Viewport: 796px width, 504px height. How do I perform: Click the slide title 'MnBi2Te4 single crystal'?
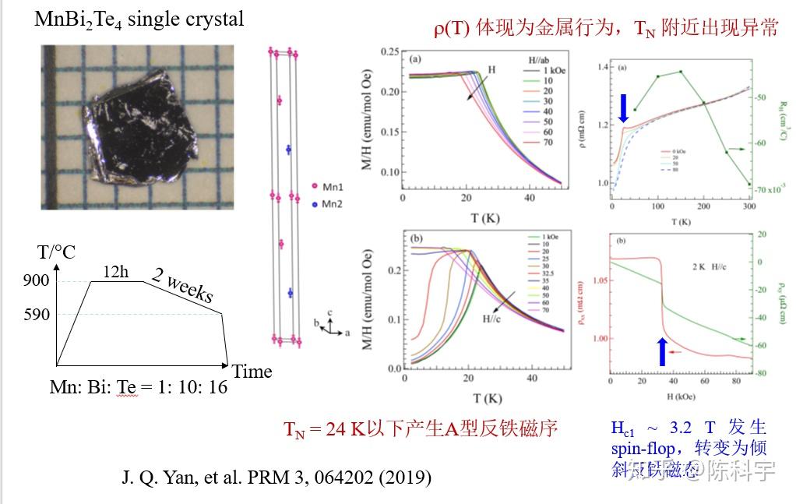[139, 19]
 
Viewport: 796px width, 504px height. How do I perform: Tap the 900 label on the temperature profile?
[37, 281]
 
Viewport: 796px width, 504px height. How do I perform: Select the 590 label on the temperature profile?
[37, 315]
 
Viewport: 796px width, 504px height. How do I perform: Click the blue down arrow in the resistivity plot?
[624, 107]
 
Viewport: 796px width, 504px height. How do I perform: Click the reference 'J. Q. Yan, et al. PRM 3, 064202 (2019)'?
[276, 477]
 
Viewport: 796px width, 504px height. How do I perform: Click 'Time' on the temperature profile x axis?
[252, 372]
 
